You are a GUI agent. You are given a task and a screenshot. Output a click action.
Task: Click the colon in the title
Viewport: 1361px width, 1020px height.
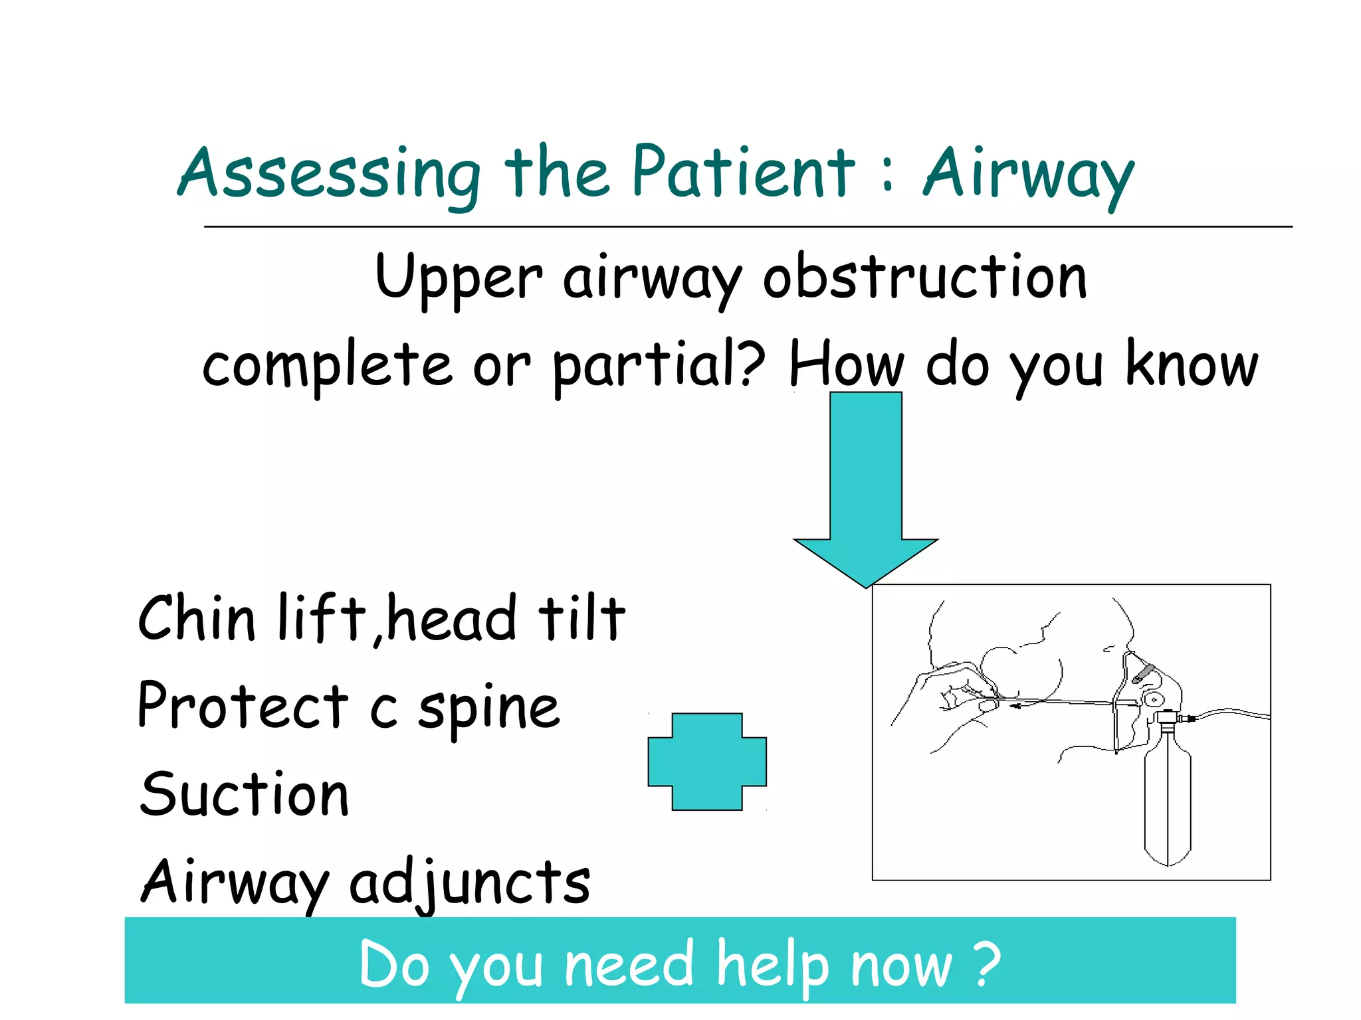pos(888,176)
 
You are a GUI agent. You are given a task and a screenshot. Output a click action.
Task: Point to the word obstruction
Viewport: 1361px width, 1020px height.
pos(924,277)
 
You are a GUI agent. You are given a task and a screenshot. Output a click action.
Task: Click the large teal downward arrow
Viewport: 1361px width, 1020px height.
pos(865,485)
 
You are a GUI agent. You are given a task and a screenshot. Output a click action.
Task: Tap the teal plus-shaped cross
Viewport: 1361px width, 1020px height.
pos(707,762)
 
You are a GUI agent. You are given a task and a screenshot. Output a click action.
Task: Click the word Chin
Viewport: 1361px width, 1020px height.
pos(197,619)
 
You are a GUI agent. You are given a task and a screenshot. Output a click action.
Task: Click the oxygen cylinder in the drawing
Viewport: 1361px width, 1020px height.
pos(1167,804)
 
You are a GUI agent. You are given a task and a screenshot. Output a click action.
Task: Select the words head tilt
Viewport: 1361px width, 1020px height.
pos(505,619)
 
